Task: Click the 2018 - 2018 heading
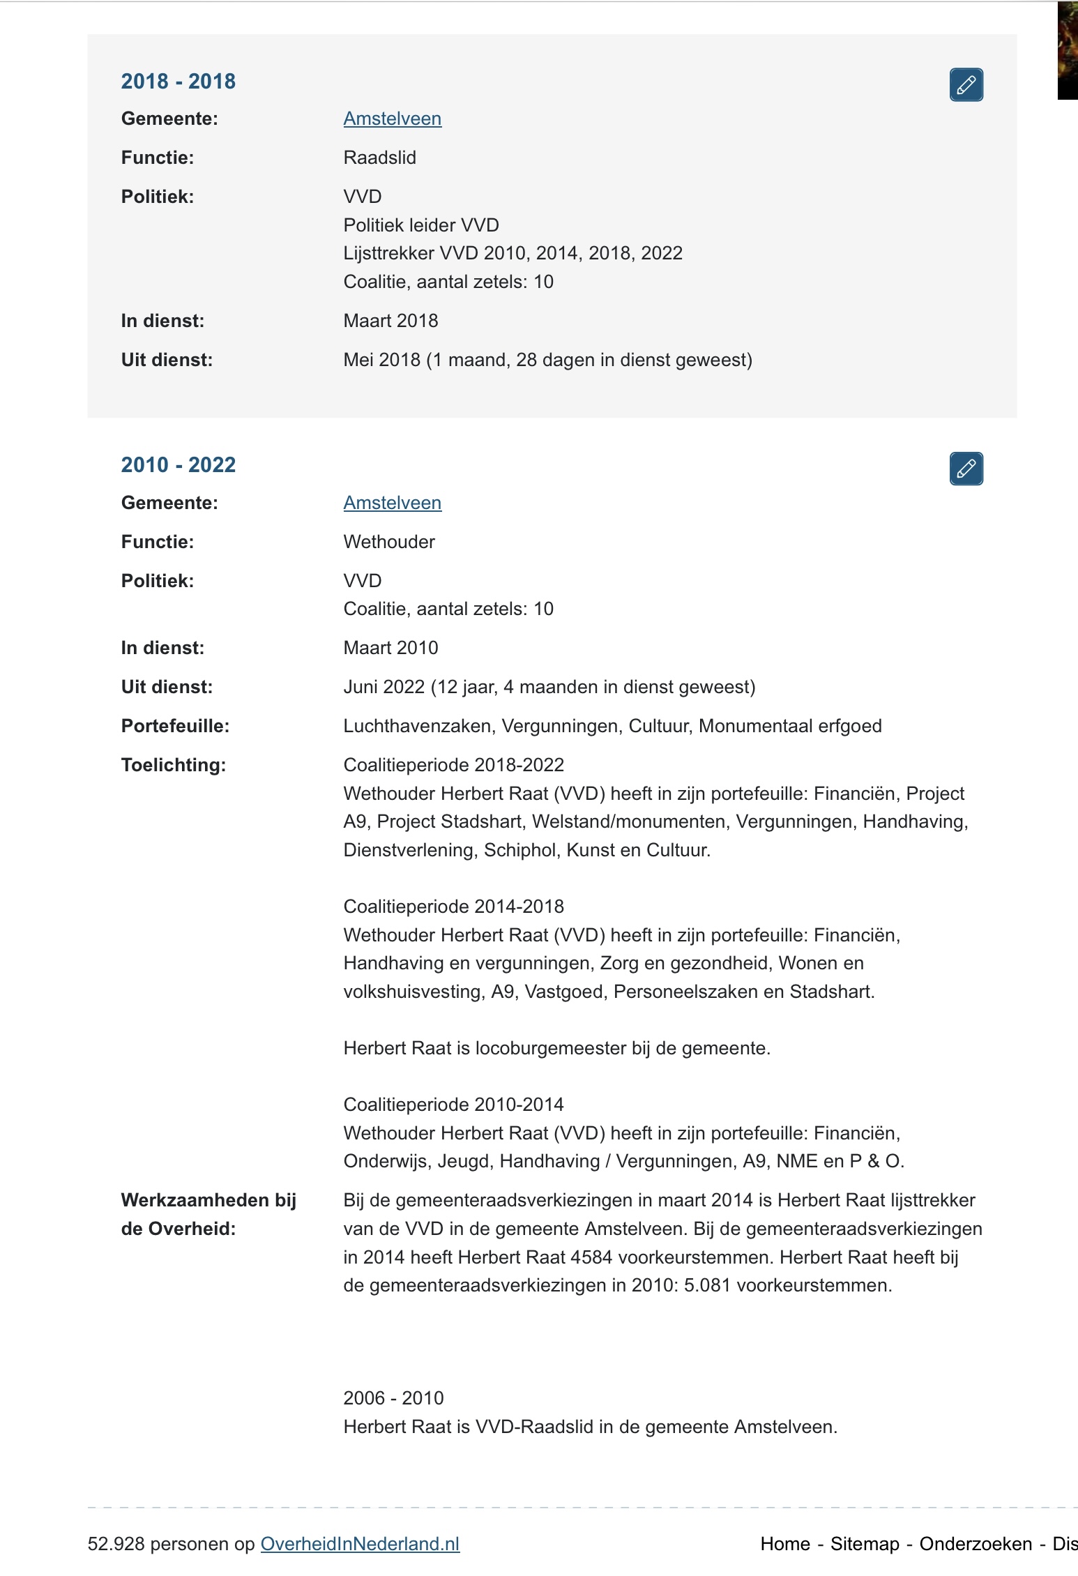pyautogui.click(x=178, y=82)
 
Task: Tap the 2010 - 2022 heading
pyautogui.click(x=178, y=465)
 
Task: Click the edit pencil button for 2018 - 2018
pyautogui.click(x=966, y=85)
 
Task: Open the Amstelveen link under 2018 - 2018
pyautogui.click(x=392, y=119)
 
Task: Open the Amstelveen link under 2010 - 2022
pyautogui.click(x=392, y=503)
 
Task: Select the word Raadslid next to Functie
pyautogui.click(x=379, y=158)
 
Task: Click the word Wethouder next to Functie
pyautogui.click(x=388, y=542)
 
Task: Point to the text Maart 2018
pyautogui.click(x=390, y=321)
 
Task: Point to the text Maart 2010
pyautogui.click(x=390, y=648)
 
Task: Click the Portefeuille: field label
pyautogui.click(x=175, y=726)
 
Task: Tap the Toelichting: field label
pyautogui.click(x=173, y=765)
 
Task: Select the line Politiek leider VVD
pyautogui.click(x=421, y=225)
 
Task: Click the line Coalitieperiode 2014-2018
pyautogui.click(x=453, y=907)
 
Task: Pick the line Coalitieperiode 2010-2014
pyautogui.click(x=453, y=1105)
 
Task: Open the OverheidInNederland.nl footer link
pyautogui.click(x=360, y=1544)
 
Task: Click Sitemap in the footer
pyautogui.click(x=865, y=1544)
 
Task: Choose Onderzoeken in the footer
pyautogui.click(x=975, y=1544)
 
